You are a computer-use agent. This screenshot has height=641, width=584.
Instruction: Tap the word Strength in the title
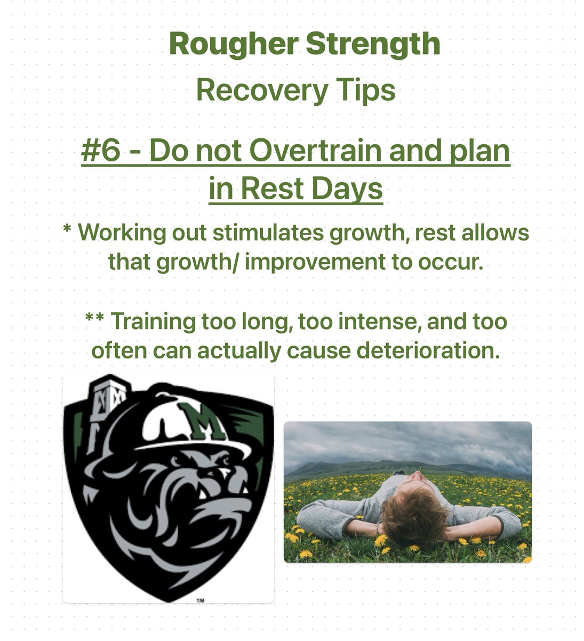tap(373, 44)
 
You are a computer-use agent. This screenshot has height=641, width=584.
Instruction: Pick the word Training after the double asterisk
tap(153, 322)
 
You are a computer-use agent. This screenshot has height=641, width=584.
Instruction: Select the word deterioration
tap(412, 350)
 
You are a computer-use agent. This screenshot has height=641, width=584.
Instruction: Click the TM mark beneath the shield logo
tap(200, 600)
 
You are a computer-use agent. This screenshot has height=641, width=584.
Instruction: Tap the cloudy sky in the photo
tap(405, 441)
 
